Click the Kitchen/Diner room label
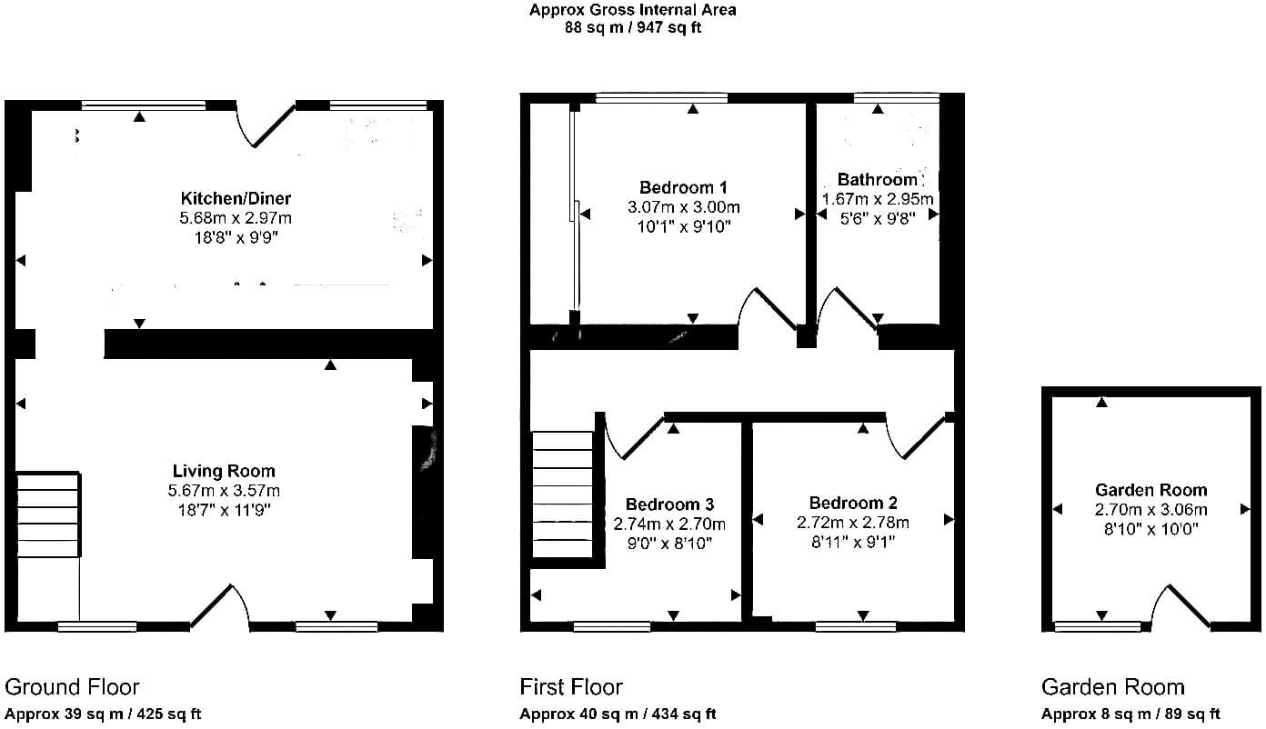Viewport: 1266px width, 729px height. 236,198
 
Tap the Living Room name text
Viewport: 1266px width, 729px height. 224,471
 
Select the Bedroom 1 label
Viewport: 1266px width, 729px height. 683,187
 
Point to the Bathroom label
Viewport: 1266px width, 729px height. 877,180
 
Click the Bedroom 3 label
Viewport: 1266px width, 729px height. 669,504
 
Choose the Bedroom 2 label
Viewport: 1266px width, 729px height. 853,503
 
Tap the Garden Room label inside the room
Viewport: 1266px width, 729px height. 1151,490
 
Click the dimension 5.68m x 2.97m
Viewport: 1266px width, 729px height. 236,218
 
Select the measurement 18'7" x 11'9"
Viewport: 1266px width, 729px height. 225,511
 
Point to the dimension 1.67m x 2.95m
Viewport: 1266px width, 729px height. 877,199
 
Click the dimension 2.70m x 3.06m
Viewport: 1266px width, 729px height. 1151,509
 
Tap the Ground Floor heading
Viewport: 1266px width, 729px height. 72,687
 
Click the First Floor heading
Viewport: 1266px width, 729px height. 571,687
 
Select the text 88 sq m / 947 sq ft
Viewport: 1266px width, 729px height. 633,27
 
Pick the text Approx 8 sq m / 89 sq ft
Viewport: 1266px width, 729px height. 1130,714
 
